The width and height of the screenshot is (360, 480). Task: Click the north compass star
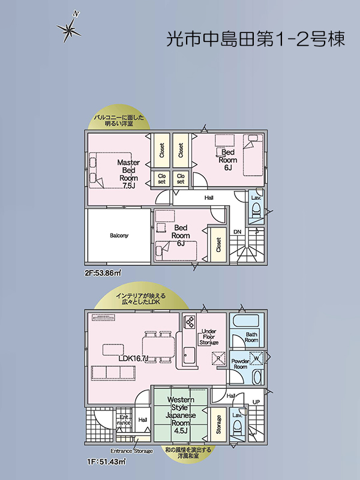pyautogui.click(x=70, y=29)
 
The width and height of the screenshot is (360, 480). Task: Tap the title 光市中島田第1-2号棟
pyautogui.click(x=256, y=39)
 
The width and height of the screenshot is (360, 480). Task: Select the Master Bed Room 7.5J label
pyautogui.click(x=128, y=174)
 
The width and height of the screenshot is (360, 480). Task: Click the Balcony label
pyautogui.click(x=119, y=235)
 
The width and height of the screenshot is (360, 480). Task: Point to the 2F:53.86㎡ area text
pyautogui.click(x=103, y=272)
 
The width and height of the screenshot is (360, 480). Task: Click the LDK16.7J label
pyautogui.click(x=133, y=358)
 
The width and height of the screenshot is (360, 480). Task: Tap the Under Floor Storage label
pyautogui.click(x=209, y=337)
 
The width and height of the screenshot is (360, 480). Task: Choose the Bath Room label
pyautogui.click(x=251, y=337)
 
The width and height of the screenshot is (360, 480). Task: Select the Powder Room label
pyautogui.click(x=241, y=364)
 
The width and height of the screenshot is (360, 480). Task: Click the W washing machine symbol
pyautogui.click(x=256, y=358)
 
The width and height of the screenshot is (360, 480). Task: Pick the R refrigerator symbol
pyautogui.click(x=218, y=358)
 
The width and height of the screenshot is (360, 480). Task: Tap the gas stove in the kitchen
pyautogui.click(x=189, y=322)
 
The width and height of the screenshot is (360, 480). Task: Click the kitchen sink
pyautogui.click(x=189, y=355)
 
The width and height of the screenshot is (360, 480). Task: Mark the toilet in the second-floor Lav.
pyautogui.click(x=256, y=211)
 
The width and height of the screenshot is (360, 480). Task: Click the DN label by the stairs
pyautogui.click(x=238, y=232)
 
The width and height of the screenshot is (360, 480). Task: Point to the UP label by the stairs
pyautogui.click(x=256, y=401)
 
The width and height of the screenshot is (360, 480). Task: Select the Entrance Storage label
pyautogui.click(x=131, y=451)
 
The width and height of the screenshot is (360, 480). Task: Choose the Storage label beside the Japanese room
pyautogui.click(x=218, y=424)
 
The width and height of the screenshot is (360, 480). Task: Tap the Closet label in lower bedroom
pyautogui.click(x=218, y=245)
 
